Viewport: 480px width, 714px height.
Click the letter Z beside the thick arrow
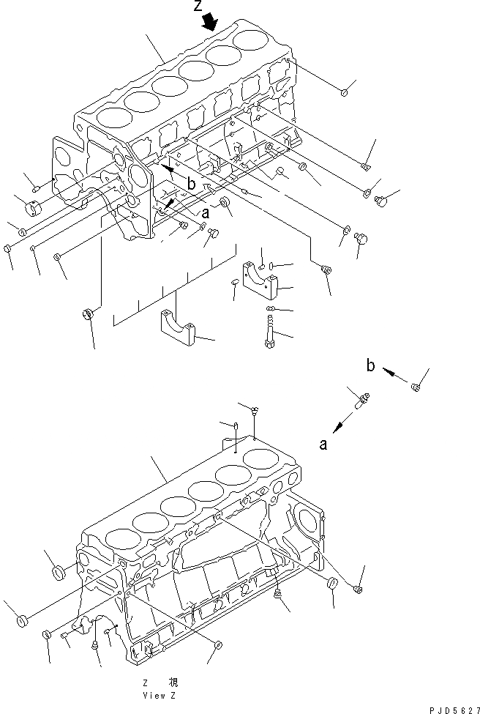click(x=198, y=7)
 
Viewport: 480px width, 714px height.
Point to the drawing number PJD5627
click(x=451, y=707)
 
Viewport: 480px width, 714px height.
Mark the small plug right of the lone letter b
click(x=415, y=386)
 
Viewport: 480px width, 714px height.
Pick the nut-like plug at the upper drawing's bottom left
click(x=89, y=316)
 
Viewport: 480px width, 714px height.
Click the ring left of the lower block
click(x=58, y=572)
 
